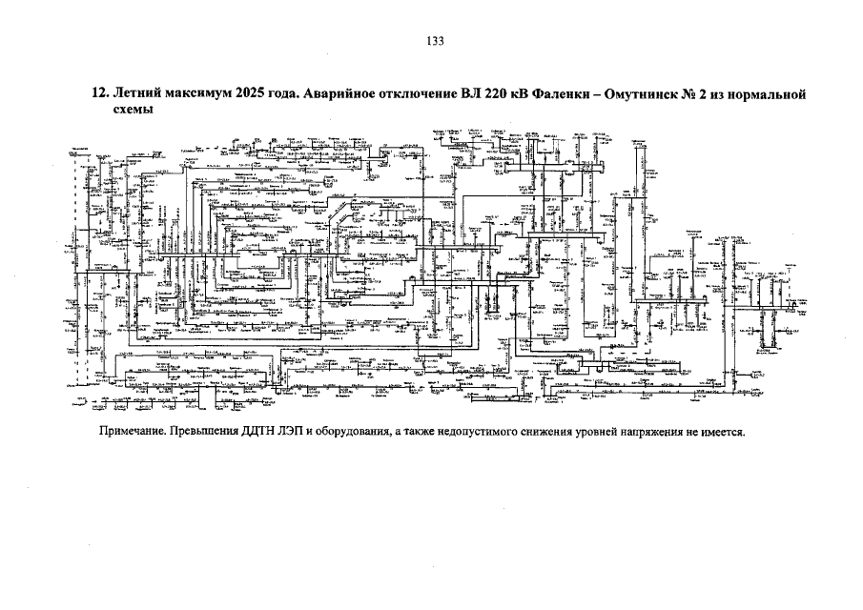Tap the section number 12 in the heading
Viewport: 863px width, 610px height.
click(x=96, y=94)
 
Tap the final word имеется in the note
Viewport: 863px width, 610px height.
click(x=720, y=430)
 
